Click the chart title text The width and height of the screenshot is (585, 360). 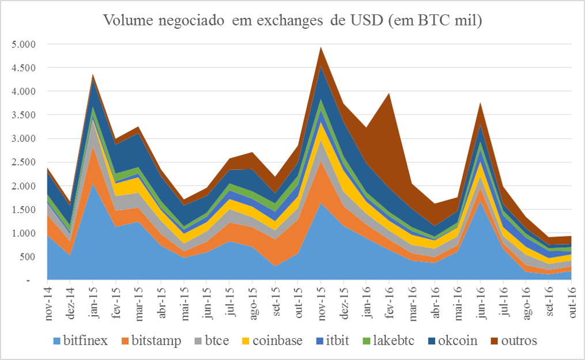(x=292, y=22)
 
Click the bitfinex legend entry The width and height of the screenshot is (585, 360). (x=85, y=340)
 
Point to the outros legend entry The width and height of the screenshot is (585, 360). (x=517, y=340)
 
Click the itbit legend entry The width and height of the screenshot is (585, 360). (x=339, y=340)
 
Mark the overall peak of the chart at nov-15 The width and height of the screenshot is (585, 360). (x=321, y=47)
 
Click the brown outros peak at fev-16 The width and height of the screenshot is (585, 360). (x=390, y=94)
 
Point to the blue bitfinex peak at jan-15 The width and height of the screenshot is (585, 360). (x=93, y=184)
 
